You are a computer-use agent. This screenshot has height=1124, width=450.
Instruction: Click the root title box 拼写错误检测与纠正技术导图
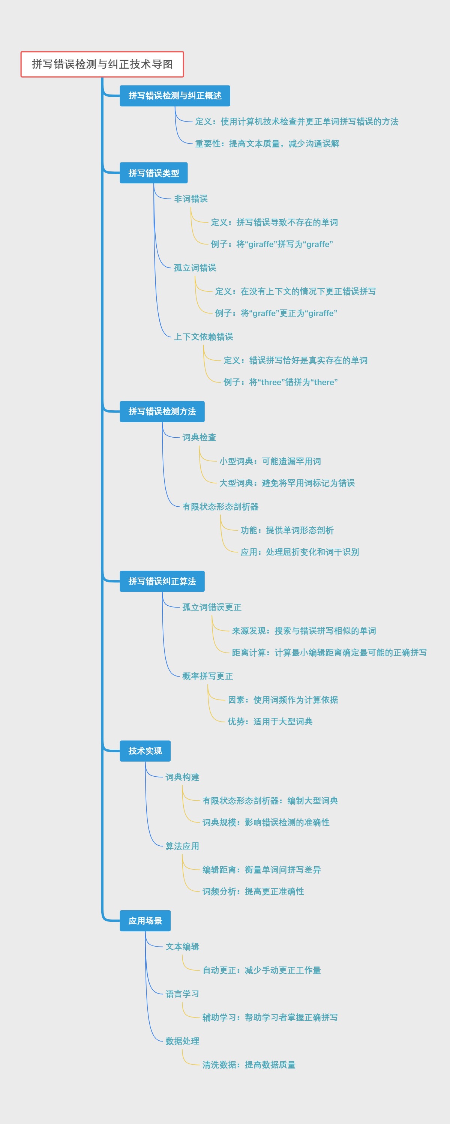pyautogui.click(x=102, y=64)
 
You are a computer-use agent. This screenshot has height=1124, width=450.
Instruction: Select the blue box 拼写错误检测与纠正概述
pyautogui.click(x=175, y=96)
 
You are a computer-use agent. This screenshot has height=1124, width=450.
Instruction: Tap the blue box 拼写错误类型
pyautogui.click(x=154, y=173)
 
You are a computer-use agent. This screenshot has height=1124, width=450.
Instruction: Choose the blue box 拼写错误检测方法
pyautogui.click(x=162, y=411)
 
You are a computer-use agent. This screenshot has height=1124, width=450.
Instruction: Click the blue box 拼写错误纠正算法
pyautogui.click(x=162, y=581)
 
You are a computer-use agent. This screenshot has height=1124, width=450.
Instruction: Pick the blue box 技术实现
pyautogui.click(x=145, y=751)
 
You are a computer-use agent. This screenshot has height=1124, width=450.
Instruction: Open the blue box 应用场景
pyautogui.click(x=145, y=921)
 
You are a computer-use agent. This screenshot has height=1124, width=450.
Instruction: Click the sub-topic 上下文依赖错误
pyautogui.click(x=203, y=337)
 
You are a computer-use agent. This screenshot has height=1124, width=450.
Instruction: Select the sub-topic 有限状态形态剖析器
pyautogui.click(x=220, y=507)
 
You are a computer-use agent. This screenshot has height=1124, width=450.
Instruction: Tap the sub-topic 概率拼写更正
pyautogui.click(x=208, y=676)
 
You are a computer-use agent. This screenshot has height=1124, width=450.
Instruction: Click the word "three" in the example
pyautogui.click(x=271, y=383)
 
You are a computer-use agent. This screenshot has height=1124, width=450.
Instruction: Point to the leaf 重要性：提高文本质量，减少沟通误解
pyautogui.click(x=267, y=144)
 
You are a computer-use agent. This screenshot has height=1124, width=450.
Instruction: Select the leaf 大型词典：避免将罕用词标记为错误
pyautogui.click(x=287, y=483)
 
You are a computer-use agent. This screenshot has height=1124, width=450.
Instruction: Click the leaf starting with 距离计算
pyautogui.click(x=329, y=653)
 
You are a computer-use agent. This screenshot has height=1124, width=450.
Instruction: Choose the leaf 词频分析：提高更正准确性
pyautogui.click(x=253, y=891)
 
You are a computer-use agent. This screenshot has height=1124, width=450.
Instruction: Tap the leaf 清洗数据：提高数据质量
pyautogui.click(x=249, y=1065)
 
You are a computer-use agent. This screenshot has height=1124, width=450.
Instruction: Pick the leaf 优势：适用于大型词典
pyautogui.click(x=270, y=722)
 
